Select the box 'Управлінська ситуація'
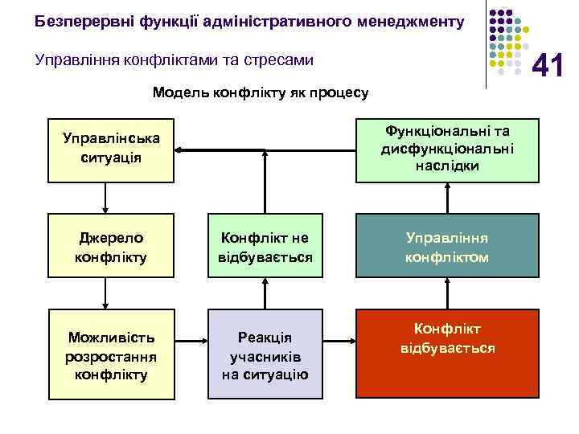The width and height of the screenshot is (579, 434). coord(111,148)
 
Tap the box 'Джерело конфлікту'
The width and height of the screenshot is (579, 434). coord(111,248)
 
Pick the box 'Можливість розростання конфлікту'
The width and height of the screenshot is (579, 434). coord(111,354)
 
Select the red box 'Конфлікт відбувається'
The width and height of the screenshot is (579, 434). coord(448,338)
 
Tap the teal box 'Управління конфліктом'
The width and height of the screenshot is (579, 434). coord(448,248)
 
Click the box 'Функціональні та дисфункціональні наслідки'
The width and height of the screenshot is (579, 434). coord(448,148)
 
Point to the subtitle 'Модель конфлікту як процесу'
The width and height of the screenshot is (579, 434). coord(261,93)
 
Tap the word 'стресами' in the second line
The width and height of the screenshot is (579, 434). coord(282,59)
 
